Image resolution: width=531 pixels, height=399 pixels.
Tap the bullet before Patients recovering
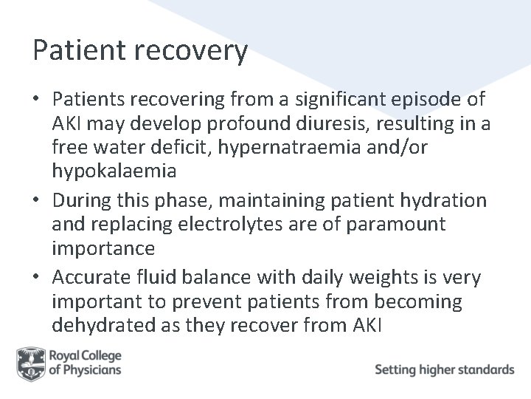point(38,100)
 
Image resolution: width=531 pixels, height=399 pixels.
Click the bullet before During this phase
point(38,200)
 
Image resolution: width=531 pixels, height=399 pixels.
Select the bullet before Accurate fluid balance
point(38,277)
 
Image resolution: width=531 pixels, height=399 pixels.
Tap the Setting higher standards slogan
point(444,369)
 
